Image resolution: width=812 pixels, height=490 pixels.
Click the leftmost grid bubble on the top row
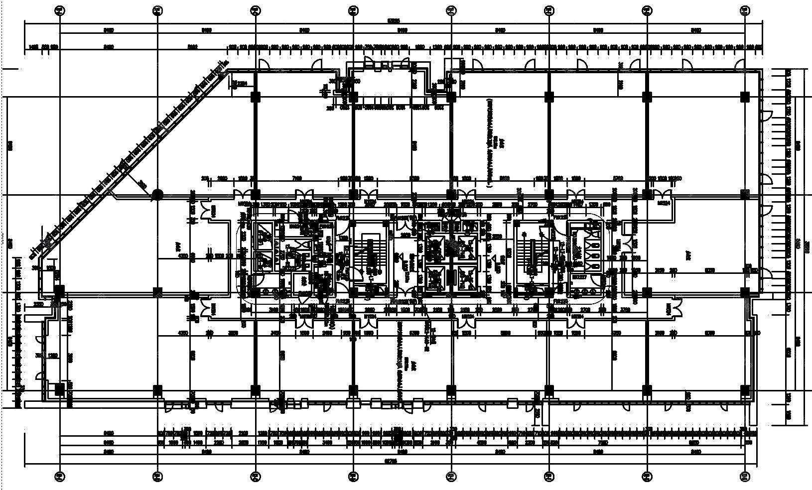59,9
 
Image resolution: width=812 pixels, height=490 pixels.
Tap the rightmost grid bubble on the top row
745,9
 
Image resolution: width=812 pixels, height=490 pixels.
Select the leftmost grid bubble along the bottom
59,477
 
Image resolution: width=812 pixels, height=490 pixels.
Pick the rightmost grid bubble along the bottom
745,477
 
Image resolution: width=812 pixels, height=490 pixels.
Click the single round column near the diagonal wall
157,194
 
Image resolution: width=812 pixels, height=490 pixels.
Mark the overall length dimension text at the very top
394,21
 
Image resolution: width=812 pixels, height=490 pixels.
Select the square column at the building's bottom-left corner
59,389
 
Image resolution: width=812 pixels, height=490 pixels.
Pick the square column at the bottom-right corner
745,389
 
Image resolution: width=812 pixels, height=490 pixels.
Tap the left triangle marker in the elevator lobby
399,257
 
